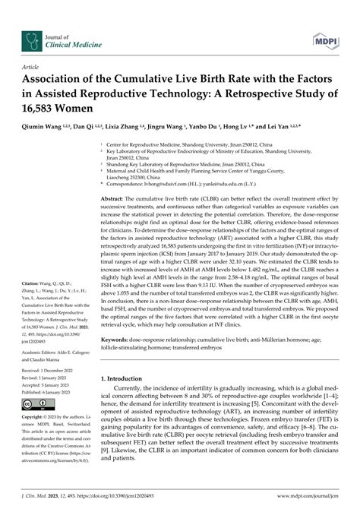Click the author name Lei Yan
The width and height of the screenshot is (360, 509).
(311, 128)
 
